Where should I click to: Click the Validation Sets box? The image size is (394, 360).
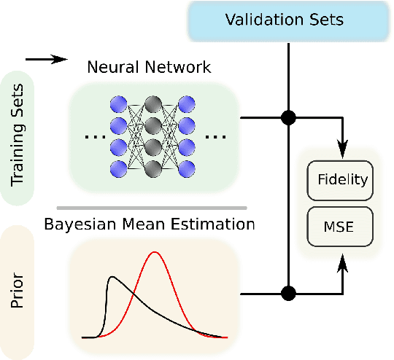click(290, 20)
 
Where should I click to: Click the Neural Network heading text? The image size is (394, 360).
click(149, 68)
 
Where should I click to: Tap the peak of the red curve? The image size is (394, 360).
click(155, 253)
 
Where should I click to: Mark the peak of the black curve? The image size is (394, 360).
click(112, 278)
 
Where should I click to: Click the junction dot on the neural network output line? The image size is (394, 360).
click(290, 117)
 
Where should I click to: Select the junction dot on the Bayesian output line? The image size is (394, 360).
click(290, 294)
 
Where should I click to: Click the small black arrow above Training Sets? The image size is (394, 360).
click(45, 60)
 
